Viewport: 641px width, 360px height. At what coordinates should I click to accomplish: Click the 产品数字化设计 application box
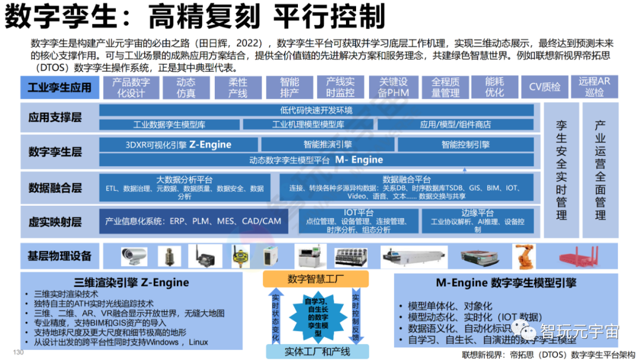point(131,87)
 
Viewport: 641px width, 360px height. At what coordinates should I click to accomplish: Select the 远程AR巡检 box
point(594,87)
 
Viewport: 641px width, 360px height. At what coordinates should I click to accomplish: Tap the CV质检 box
point(544,87)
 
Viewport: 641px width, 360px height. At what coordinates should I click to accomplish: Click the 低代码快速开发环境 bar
point(316,110)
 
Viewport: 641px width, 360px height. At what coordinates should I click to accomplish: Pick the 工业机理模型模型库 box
point(308,125)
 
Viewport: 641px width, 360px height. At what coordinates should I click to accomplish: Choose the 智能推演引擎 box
point(328,144)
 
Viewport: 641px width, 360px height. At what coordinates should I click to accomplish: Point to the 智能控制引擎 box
point(465,144)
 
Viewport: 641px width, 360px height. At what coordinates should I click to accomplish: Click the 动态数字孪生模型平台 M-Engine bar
point(316,160)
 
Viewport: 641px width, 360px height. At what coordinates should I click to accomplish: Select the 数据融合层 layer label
point(55,188)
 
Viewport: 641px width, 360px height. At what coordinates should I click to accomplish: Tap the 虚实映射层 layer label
point(55,222)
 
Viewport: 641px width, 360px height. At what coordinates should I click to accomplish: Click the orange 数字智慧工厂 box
point(316,279)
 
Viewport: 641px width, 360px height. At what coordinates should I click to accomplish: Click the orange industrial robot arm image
point(524,256)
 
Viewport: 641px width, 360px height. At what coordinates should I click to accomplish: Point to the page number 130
point(18,353)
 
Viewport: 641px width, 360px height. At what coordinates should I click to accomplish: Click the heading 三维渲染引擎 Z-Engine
point(132,282)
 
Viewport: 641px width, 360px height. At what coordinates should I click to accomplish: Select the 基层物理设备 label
point(59,256)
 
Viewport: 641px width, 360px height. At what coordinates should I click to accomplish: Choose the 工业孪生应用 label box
point(59,88)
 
